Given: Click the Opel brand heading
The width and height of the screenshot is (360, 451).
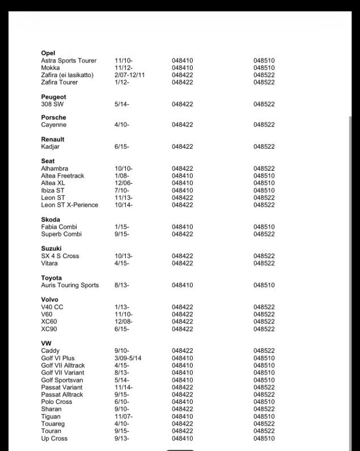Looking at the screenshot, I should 48,53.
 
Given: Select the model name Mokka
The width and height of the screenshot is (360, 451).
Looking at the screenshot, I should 50,68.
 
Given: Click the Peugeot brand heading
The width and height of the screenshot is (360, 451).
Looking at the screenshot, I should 53,97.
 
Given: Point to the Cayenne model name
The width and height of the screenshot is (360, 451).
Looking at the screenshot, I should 54,125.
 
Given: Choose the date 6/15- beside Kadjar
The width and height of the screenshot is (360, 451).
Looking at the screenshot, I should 122,146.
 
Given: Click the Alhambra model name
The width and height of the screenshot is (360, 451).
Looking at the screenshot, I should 54,168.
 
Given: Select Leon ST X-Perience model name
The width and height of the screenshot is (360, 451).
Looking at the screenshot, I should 70,205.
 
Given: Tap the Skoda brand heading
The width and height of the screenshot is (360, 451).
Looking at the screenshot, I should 50,220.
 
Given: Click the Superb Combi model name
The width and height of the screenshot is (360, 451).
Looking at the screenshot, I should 61,234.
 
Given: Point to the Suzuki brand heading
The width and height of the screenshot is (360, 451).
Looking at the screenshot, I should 52,248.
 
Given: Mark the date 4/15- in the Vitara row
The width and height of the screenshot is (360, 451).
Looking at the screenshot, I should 122,263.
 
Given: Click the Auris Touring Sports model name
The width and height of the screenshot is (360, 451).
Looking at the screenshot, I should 70,285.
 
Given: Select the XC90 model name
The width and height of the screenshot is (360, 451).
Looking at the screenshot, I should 49,329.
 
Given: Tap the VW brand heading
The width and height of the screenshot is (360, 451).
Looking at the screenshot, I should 46,344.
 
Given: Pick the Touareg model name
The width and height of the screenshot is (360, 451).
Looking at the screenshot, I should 53,424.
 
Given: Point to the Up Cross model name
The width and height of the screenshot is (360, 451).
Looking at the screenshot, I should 54,439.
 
